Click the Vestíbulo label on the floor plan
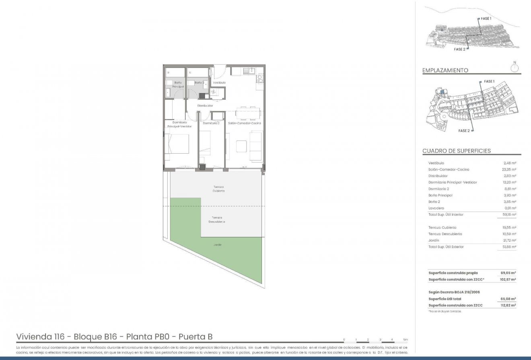pos(219,82)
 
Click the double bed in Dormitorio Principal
pos(178,144)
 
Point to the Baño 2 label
pos(200,82)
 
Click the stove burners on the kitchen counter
pos(259,78)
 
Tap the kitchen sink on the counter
pos(247,71)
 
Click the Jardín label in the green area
pos(218,245)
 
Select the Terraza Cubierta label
pos(218,189)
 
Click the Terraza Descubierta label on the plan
pos(216,220)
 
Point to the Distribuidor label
pos(205,105)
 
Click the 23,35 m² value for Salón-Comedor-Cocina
pos(510,169)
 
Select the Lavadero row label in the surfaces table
pos(436,208)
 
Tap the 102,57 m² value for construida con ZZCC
pos(509,279)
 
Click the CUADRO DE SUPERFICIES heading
pos(456,151)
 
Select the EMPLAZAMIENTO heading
pos(445,70)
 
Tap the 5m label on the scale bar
pos(405,339)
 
